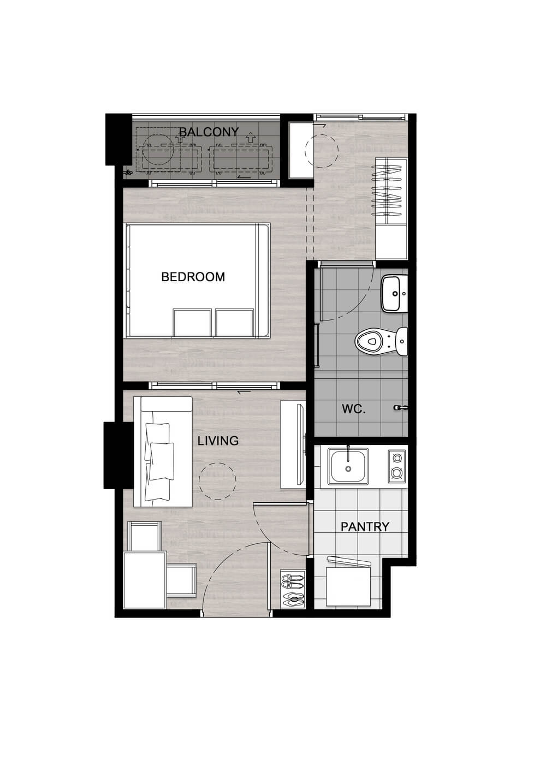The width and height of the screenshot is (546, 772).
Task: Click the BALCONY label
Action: tap(209, 132)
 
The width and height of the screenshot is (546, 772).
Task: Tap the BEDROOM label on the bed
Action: tap(193, 277)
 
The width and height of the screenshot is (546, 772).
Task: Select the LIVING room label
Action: tap(218, 441)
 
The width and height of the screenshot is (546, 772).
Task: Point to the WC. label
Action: tap(354, 409)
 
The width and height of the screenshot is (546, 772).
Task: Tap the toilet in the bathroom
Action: tap(381, 342)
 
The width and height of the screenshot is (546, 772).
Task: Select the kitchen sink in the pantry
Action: tap(348, 465)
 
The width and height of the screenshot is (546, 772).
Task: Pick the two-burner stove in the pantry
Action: tap(396, 466)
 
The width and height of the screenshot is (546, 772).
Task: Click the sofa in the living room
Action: tap(163, 452)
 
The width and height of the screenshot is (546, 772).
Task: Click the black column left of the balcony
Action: tap(118, 139)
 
